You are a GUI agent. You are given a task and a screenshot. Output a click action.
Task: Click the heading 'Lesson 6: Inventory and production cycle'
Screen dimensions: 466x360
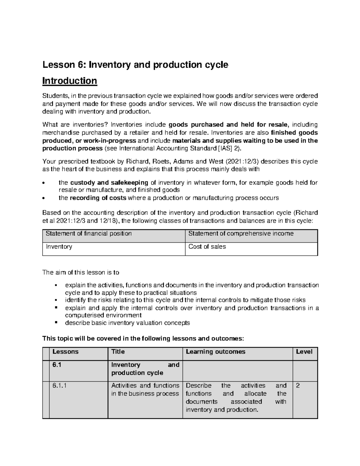(x=135, y=65)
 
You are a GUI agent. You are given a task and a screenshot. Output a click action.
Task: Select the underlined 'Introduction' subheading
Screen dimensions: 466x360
(x=70, y=81)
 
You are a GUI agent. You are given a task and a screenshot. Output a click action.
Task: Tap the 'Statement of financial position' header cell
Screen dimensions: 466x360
(x=88, y=234)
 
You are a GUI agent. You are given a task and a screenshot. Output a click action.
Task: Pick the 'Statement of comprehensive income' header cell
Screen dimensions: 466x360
(x=241, y=234)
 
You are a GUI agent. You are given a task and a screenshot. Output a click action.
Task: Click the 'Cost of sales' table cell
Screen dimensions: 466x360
(x=207, y=247)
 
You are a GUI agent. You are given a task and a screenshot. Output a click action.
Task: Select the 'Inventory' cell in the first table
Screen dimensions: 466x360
(x=59, y=247)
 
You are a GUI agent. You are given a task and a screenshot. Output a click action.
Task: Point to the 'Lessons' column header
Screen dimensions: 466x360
(x=65, y=352)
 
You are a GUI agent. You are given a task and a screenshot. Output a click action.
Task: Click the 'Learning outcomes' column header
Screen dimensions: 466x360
(x=215, y=352)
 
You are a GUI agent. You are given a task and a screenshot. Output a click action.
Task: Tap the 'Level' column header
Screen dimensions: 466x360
(x=304, y=352)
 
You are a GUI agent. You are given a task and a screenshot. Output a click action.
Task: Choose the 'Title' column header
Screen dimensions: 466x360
(x=118, y=352)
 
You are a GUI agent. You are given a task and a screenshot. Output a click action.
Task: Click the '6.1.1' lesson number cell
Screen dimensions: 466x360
(x=59, y=386)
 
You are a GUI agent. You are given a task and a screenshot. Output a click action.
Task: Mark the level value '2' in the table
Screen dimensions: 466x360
(x=298, y=386)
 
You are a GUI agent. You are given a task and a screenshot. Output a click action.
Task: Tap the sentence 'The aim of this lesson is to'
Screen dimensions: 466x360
(x=81, y=272)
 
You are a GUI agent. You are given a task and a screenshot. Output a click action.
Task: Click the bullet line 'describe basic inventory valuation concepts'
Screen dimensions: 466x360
(x=127, y=323)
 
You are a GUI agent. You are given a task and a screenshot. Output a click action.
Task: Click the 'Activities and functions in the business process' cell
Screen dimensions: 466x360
(x=145, y=389)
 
